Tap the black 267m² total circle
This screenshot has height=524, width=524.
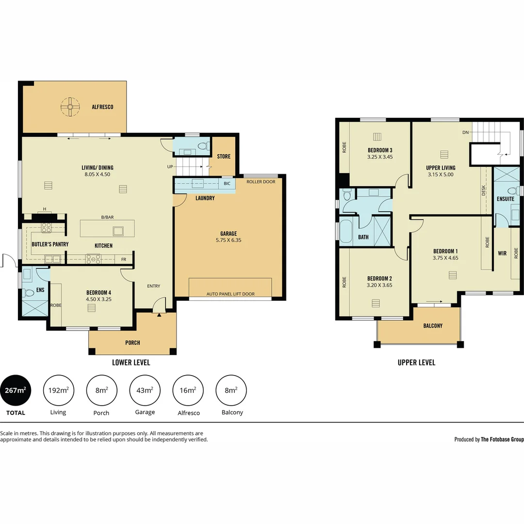[16, 390]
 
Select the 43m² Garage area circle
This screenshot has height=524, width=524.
[145, 390]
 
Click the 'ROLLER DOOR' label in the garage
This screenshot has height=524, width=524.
[261, 182]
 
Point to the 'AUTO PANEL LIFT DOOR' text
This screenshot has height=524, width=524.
[230, 294]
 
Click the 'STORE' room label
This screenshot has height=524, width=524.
[224, 156]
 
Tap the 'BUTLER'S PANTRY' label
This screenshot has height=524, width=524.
[50, 244]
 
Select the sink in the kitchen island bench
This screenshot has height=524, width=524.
[118, 230]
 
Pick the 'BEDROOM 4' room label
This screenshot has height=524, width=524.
[98, 293]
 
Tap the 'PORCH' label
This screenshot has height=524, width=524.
[132, 343]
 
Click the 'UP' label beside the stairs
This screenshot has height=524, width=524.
[169, 167]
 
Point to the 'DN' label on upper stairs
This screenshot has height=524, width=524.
[465, 132]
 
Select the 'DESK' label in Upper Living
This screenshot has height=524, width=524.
[483, 191]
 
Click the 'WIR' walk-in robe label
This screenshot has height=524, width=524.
[502, 253]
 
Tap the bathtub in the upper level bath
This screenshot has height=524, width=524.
[346, 232]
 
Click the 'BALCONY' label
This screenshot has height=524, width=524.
[433, 326]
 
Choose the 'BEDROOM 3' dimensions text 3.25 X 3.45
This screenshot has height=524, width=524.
[380, 157]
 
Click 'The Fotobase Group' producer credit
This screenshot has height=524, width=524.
[502, 439]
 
